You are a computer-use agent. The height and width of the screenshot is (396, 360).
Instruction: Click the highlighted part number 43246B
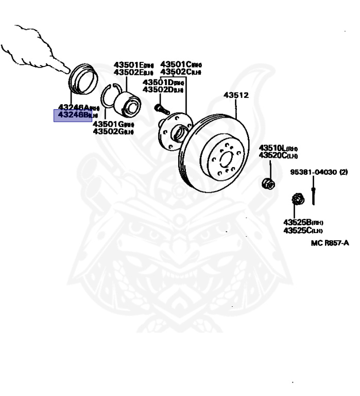[x=73, y=114]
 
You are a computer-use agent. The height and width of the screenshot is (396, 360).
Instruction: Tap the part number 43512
[x=236, y=95]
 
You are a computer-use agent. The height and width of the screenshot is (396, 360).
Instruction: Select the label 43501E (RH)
[x=133, y=65]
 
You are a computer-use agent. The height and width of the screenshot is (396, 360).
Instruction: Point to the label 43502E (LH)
[x=133, y=72]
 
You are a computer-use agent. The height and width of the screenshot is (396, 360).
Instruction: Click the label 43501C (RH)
[x=181, y=64]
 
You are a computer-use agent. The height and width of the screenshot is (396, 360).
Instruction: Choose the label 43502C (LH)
[x=181, y=72]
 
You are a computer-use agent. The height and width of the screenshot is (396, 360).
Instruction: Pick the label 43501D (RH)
[x=163, y=82]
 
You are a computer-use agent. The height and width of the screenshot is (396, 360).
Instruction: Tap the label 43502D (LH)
[x=163, y=90]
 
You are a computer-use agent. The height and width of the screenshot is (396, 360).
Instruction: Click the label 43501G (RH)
[x=113, y=124]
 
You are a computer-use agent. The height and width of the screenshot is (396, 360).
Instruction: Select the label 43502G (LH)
[x=113, y=131]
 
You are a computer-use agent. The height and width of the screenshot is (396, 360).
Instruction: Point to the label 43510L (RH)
[x=278, y=148]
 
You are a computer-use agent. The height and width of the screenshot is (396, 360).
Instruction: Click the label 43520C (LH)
[x=278, y=155]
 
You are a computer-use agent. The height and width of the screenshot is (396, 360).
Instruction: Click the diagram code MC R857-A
[x=330, y=243]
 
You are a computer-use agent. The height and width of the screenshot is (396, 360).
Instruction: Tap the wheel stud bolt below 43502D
[x=160, y=109]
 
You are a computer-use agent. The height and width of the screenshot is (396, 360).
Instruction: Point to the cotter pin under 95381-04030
[x=314, y=196]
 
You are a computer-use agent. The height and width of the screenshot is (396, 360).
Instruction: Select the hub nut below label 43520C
[x=268, y=183]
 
